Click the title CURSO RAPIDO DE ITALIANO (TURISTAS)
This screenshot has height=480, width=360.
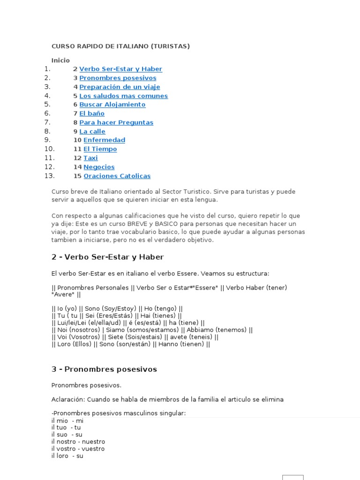120,46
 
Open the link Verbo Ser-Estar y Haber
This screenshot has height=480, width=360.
120,69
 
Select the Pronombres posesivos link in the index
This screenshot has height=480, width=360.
118,78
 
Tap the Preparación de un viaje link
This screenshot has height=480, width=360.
120,87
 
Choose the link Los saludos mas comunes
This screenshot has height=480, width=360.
123,96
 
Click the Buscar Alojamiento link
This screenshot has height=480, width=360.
112,105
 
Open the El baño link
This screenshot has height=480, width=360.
92,113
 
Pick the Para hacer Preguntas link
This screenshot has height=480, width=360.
116,122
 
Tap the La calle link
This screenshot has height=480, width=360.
92,131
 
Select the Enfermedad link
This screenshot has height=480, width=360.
104,140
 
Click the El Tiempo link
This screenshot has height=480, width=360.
100,149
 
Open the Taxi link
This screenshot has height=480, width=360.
90,158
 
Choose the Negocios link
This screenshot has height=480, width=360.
99,167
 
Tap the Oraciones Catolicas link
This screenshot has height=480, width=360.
117,176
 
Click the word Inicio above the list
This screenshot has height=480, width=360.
60,60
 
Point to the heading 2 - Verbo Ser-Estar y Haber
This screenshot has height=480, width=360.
107,257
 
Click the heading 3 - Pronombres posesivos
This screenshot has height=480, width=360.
104,369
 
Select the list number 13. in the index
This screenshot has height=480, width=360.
50,176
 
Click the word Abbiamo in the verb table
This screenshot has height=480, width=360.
198,330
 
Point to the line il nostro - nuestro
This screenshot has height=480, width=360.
78,442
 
